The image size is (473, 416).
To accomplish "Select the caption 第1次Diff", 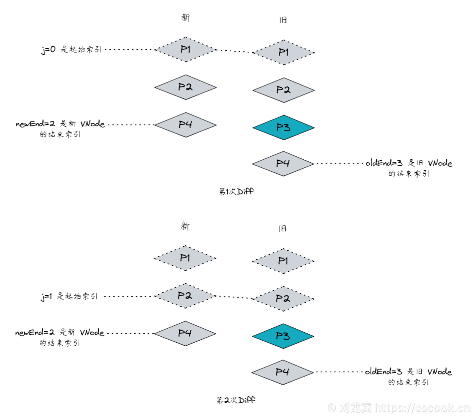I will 236,191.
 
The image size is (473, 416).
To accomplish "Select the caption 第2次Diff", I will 236,400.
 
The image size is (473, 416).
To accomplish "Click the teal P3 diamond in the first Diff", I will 283,127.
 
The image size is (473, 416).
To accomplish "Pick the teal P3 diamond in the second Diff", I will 283,336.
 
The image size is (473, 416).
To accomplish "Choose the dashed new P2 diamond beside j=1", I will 185,296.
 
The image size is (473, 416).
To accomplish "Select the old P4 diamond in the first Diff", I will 283,163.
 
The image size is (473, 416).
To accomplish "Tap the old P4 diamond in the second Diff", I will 282,372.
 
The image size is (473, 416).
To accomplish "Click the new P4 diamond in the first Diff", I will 185,125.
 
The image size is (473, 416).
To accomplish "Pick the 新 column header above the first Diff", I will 185,17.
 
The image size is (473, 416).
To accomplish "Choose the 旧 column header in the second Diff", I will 282,228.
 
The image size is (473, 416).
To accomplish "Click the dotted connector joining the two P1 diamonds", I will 234,51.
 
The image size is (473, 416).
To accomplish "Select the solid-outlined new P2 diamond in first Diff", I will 185,87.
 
